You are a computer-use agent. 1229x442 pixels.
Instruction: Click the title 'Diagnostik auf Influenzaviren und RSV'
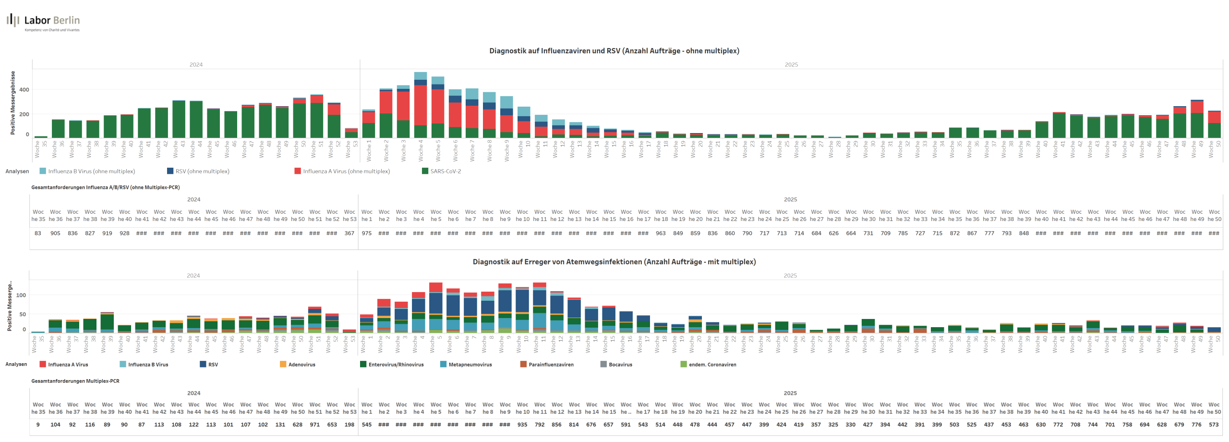(x=614, y=51)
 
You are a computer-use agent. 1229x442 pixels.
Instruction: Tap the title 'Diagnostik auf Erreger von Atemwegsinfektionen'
(x=614, y=262)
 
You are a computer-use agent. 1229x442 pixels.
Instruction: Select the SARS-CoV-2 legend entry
(x=445, y=172)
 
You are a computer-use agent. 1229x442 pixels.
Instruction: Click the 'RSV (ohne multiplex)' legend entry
(x=202, y=172)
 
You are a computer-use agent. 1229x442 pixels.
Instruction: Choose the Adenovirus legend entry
(x=301, y=365)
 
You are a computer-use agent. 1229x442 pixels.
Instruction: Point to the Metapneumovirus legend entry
(x=470, y=365)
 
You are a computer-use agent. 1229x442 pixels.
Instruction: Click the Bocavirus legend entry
(x=620, y=365)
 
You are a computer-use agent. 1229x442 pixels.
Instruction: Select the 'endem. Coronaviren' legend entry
(x=712, y=365)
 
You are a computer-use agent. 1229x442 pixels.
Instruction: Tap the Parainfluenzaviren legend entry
(x=551, y=365)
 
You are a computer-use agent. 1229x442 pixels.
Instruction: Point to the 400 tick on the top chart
(x=24, y=90)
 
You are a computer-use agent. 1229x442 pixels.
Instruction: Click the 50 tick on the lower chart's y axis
(x=23, y=314)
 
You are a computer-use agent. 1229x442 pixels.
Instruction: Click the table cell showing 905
(x=55, y=233)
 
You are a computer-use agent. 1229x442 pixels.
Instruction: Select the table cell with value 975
(x=366, y=233)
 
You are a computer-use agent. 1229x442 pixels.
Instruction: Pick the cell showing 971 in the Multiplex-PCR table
(x=314, y=425)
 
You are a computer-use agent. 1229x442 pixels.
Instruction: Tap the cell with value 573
(x=1214, y=425)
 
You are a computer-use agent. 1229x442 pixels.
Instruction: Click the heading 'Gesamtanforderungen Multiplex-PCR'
(x=75, y=381)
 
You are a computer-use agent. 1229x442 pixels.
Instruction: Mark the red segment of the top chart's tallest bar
(x=421, y=106)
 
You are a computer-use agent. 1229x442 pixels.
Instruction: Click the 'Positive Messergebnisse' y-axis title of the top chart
(x=13, y=103)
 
